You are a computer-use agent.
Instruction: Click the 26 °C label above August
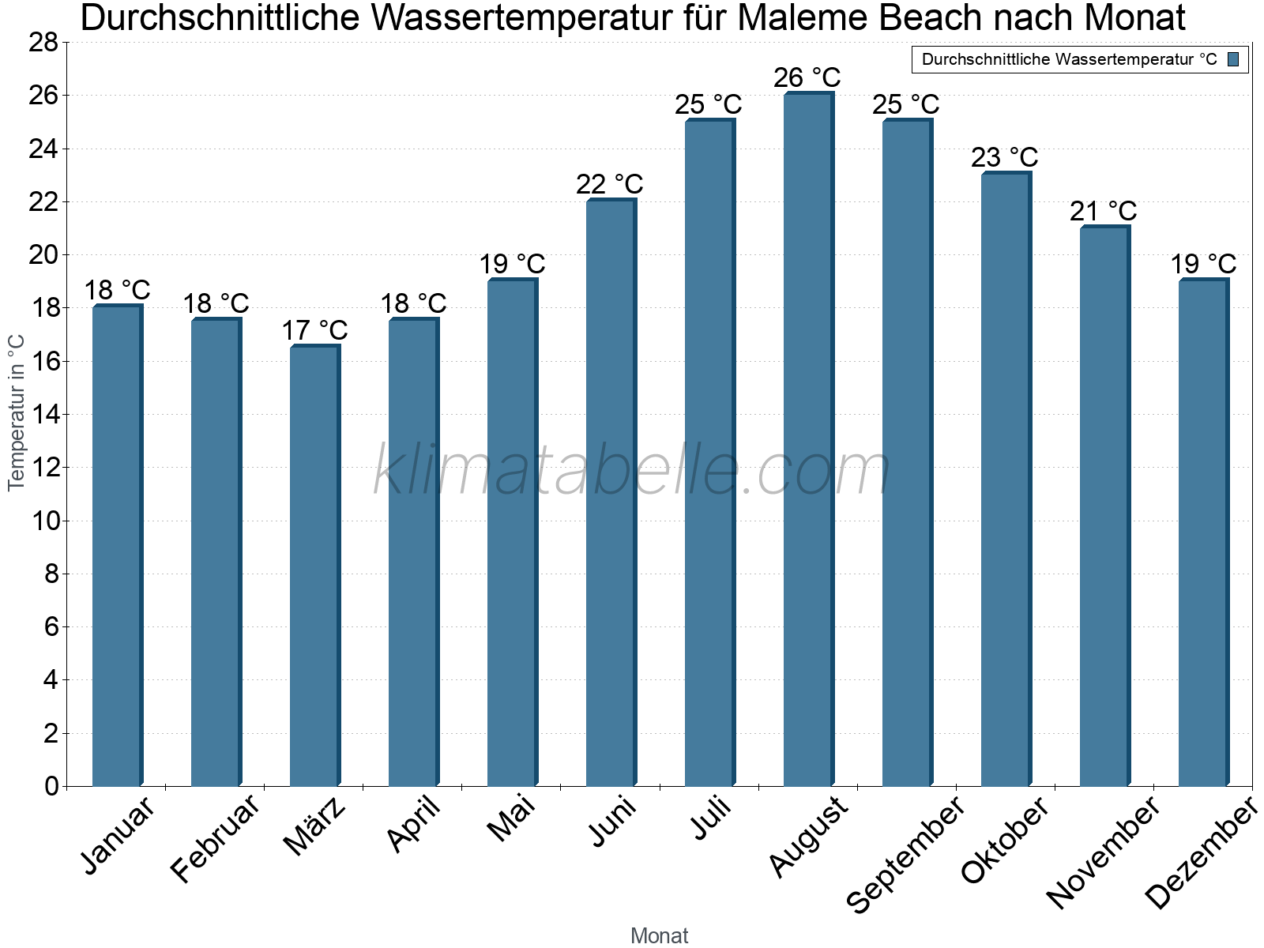point(807,77)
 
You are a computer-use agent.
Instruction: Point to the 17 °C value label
point(314,330)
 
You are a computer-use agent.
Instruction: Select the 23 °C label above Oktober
point(1005,157)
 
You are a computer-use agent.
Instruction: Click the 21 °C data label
point(1104,211)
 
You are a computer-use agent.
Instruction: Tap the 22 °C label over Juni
point(610,184)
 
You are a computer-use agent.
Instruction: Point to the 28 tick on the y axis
point(43,42)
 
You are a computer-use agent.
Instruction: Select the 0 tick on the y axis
point(51,786)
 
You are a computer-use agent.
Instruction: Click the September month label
point(905,853)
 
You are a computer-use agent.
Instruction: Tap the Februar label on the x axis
point(215,837)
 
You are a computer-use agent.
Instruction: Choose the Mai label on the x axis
point(511,818)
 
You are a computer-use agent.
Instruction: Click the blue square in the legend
point(1233,59)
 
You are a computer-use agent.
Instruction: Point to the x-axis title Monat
point(660,935)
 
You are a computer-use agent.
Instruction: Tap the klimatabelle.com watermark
point(632,471)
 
